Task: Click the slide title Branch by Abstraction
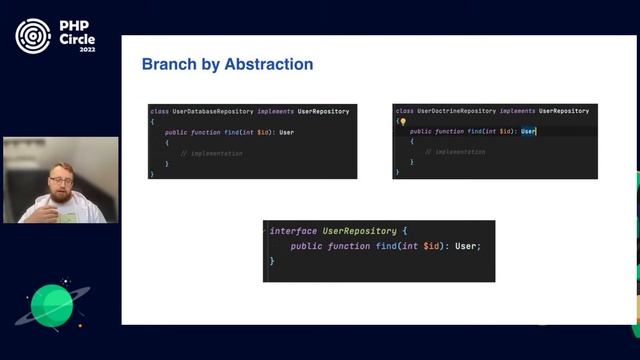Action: [x=227, y=65]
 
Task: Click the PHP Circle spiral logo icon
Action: [x=32, y=36]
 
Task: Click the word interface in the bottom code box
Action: [x=293, y=231]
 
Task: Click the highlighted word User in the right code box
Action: [x=528, y=131]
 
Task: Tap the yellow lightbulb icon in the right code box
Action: [x=402, y=121]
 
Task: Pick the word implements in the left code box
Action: [x=275, y=111]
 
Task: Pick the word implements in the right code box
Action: [x=518, y=111]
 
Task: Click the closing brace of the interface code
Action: [x=271, y=261]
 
